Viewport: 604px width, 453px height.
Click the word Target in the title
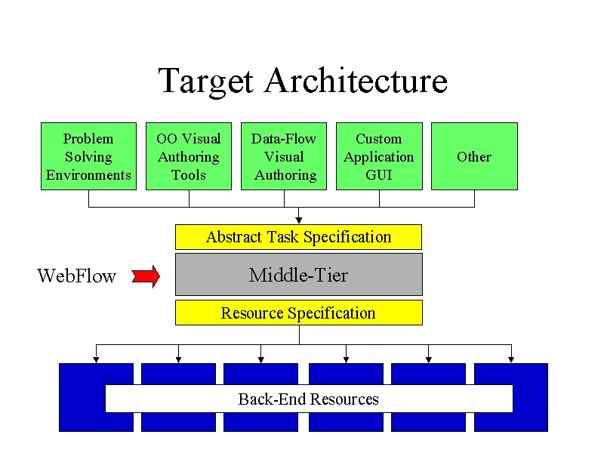(206, 82)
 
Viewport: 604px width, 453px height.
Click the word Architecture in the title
(356, 80)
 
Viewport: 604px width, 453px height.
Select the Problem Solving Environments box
(88, 156)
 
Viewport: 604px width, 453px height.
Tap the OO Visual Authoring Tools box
(189, 156)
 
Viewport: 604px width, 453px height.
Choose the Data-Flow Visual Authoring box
(284, 156)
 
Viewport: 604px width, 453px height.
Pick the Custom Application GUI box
(380, 156)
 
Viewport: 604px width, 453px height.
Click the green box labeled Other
(475, 156)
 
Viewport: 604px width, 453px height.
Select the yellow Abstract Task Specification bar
(298, 237)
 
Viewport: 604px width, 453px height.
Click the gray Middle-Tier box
(299, 274)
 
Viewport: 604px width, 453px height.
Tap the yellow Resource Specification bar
(299, 313)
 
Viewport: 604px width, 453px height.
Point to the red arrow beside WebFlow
(146, 276)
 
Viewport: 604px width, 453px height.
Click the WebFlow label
(76, 276)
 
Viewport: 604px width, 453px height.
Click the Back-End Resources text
(309, 399)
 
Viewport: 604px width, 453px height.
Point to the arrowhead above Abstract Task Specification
(298, 220)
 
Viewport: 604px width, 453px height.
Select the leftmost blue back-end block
(97, 397)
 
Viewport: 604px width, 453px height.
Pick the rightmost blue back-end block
(511, 397)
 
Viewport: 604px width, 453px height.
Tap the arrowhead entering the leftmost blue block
(97, 360)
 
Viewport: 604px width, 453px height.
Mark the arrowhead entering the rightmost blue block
(511, 360)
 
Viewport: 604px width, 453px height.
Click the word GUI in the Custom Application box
(379, 175)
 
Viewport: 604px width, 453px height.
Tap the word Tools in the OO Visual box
(188, 175)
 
